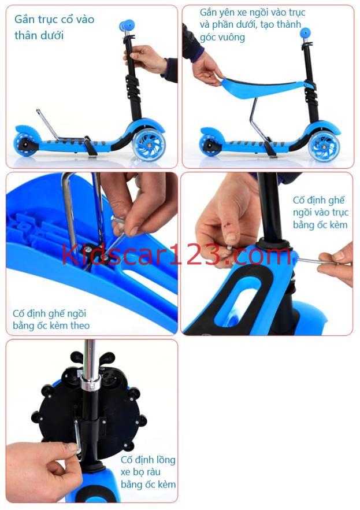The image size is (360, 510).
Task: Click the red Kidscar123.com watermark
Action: [x=176, y=254]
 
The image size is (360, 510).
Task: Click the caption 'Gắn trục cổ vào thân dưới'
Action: [x=54, y=27]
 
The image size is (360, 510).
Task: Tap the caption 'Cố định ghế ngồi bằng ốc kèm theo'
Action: [x=51, y=319]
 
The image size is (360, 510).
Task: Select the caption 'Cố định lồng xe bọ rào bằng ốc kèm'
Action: [x=148, y=472]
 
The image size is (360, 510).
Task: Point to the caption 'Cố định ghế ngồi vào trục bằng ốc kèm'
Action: [x=320, y=212]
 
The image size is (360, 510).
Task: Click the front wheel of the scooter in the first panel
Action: [x=150, y=143]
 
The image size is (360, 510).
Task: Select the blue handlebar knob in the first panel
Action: [x=127, y=25]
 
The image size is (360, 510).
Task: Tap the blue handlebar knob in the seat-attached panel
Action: [x=305, y=32]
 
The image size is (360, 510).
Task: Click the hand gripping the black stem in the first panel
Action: [x=145, y=60]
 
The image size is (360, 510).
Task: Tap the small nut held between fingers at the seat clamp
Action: [x=230, y=247]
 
